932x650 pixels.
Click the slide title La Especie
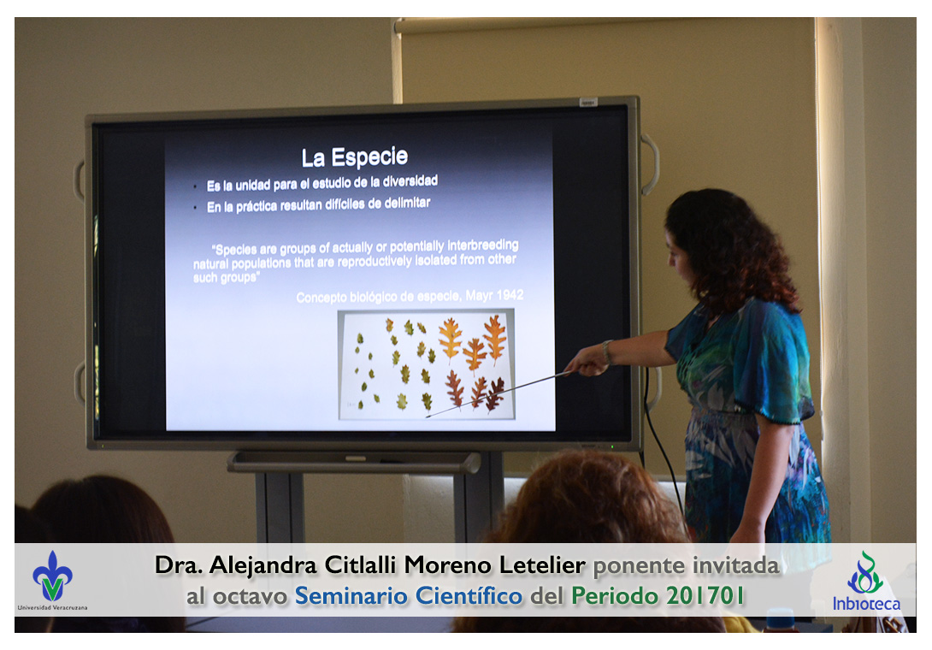[x=354, y=157]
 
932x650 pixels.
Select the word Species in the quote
[x=236, y=249]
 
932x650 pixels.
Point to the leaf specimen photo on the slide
[x=426, y=364]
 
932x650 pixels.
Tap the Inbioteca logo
[x=866, y=582]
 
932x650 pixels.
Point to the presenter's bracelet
[x=606, y=352]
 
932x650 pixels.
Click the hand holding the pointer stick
[x=587, y=361]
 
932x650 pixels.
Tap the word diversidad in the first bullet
[x=410, y=180]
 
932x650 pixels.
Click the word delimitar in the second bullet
[x=407, y=203]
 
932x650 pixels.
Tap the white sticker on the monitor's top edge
[x=588, y=103]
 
